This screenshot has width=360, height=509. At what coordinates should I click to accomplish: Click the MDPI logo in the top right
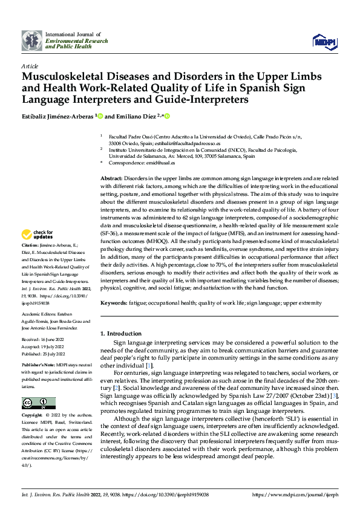(324, 41)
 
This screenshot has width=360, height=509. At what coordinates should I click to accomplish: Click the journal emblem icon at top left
(32, 41)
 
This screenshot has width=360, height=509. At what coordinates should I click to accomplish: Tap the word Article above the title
(29, 65)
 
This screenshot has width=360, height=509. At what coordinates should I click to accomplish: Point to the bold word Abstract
(111, 180)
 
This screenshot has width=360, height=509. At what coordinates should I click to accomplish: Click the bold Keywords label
(113, 302)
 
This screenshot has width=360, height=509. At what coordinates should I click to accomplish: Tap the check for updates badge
(38, 234)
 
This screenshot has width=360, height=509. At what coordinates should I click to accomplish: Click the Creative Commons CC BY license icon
(39, 403)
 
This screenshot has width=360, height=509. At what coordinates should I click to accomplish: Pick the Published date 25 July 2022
(48, 354)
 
